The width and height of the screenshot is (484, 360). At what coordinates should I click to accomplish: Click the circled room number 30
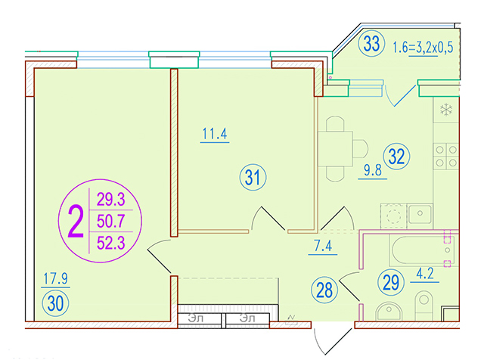(55, 303)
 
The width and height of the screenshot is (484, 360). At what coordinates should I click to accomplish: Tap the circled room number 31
(253, 177)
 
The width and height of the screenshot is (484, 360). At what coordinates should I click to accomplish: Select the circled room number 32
(396, 157)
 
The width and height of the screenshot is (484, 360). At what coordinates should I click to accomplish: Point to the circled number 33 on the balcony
(371, 43)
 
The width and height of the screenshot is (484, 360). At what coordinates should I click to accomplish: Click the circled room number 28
(324, 290)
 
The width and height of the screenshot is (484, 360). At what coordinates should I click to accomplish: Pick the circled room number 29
(391, 282)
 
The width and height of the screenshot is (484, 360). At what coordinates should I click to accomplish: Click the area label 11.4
(215, 134)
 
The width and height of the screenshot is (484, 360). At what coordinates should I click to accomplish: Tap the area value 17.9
(55, 278)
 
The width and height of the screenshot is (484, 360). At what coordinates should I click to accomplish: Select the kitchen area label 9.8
(373, 170)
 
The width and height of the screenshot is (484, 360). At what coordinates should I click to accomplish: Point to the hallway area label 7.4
(323, 246)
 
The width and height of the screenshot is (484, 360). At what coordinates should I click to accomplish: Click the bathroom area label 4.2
(425, 274)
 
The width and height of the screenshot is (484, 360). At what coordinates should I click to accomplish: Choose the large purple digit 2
(76, 222)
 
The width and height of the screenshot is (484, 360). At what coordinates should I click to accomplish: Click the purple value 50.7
(111, 221)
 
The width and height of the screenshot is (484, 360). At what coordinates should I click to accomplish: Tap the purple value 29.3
(111, 199)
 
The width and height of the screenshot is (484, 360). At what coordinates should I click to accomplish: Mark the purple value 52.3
(111, 243)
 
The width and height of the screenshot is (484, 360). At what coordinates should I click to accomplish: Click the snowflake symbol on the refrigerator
(446, 110)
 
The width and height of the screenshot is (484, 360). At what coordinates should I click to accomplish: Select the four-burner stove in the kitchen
(446, 157)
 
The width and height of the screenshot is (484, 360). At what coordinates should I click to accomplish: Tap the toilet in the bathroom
(423, 306)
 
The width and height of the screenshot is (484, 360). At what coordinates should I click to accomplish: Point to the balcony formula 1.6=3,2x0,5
(423, 48)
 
